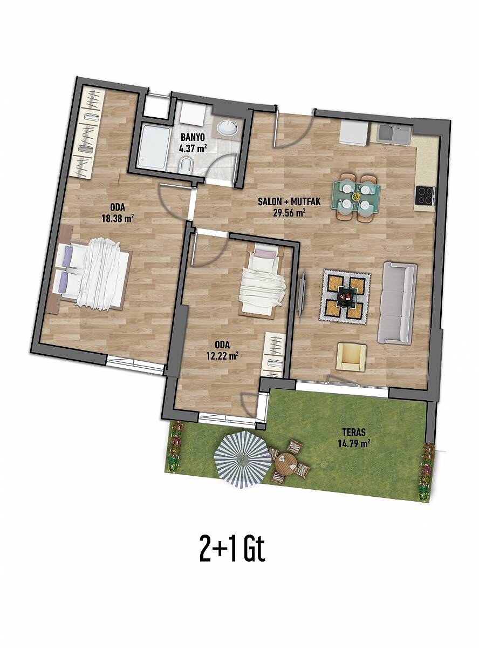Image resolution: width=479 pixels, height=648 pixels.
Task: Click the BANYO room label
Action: [193, 137]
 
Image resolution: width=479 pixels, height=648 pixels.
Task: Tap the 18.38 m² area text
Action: [118, 219]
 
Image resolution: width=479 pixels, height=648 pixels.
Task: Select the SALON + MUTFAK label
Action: [289, 201]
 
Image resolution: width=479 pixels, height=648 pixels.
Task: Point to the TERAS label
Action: [354, 432]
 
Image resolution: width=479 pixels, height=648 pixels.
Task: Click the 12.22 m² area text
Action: [223, 355]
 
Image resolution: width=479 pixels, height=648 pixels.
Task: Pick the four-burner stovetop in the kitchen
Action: [425, 195]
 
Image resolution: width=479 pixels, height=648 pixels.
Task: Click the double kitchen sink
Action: [394, 134]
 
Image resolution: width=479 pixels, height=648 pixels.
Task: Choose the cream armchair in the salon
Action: [352, 357]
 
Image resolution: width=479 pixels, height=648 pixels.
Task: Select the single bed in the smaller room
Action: [262, 280]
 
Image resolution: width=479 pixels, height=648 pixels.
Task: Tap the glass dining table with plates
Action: [356, 195]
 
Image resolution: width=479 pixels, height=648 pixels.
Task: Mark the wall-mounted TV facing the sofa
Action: [302, 294]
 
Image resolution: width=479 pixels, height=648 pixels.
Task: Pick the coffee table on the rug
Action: [345, 296]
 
